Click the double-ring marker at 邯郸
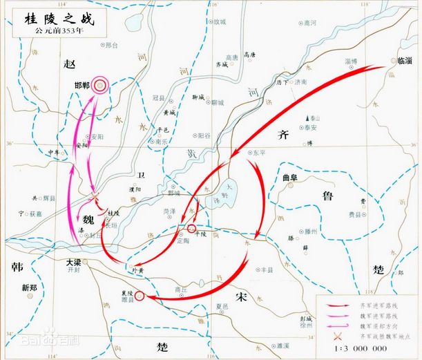(101, 85)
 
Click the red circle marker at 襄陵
(140, 296)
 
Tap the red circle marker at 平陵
(191, 228)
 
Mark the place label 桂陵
(114, 213)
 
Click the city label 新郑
(30, 287)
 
